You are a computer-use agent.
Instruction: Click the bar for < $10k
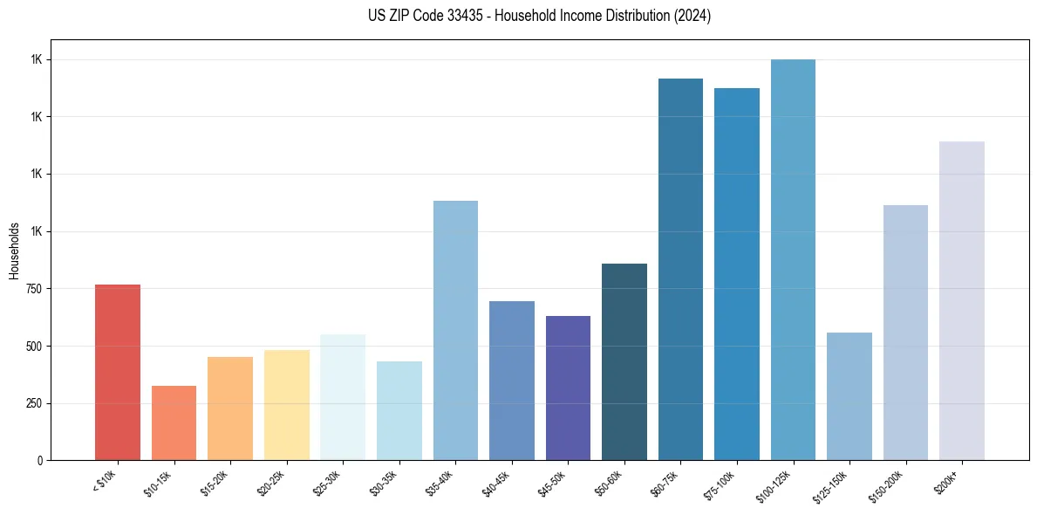coord(117,372)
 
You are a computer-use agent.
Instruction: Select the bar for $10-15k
coord(174,422)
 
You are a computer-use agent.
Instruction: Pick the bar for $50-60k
coord(624,361)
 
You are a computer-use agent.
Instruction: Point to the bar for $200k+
coord(962,300)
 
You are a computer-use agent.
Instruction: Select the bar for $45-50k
coord(568,388)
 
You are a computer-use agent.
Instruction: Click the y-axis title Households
coord(14,250)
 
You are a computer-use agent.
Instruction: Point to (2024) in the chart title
coord(692,16)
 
